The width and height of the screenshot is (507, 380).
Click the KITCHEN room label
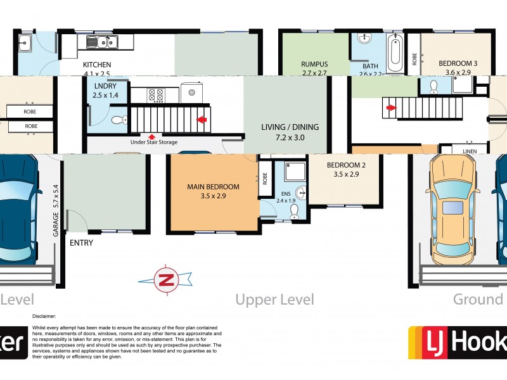point(97,65)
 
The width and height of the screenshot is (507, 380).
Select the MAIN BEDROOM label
point(213,187)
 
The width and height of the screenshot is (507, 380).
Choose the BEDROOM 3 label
point(458,63)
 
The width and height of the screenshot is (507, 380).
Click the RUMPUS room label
point(314,65)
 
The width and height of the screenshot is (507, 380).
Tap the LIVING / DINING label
point(290,127)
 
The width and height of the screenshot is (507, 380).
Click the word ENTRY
point(81,243)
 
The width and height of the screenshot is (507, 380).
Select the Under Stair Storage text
point(153,142)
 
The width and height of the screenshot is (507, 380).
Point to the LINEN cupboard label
point(470,151)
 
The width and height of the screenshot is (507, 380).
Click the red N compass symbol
point(165,279)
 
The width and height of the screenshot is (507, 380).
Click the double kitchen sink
point(104,42)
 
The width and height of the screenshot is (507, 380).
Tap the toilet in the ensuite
point(294,215)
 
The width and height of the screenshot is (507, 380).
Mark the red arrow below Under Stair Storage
point(151,136)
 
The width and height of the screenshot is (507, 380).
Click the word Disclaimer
point(44,315)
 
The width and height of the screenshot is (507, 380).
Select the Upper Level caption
point(274,299)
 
